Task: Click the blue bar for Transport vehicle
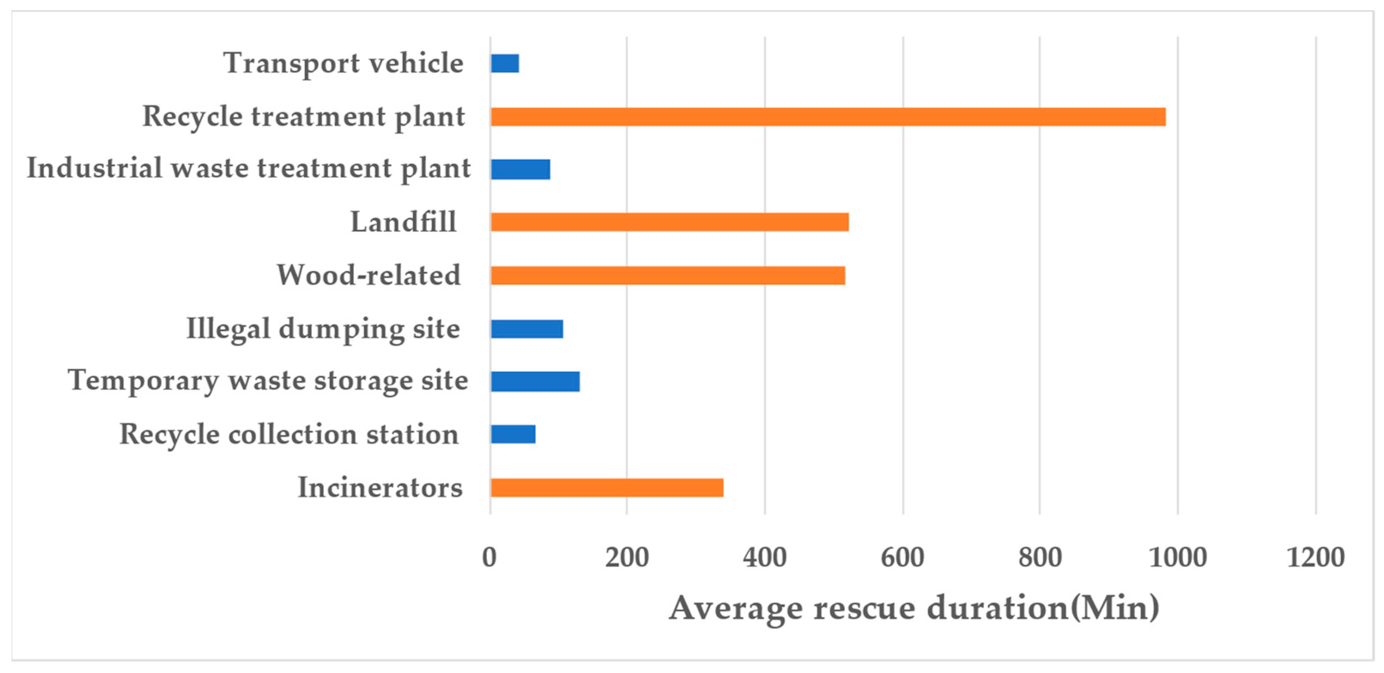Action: [x=505, y=64]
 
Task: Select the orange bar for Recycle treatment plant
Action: [x=827, y=117]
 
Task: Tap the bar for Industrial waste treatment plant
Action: [x=520, y=169]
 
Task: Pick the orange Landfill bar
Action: [x=669, y=222]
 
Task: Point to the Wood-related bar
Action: [x=667, y=275]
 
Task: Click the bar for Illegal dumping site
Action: [x=527, y=329]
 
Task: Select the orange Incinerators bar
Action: [x=606, y=487]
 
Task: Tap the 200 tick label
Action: [x=627, y=557]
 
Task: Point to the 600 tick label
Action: [x=902, y=557]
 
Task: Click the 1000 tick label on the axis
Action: [x=1177, y=557]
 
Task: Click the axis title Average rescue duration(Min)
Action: [x=913, y=609]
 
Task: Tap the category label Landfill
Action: [x=403, y=222]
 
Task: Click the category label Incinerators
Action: [x=380, y=487]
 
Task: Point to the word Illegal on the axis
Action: [x=228, y=329]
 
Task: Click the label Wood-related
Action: [x=369, y=275]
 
